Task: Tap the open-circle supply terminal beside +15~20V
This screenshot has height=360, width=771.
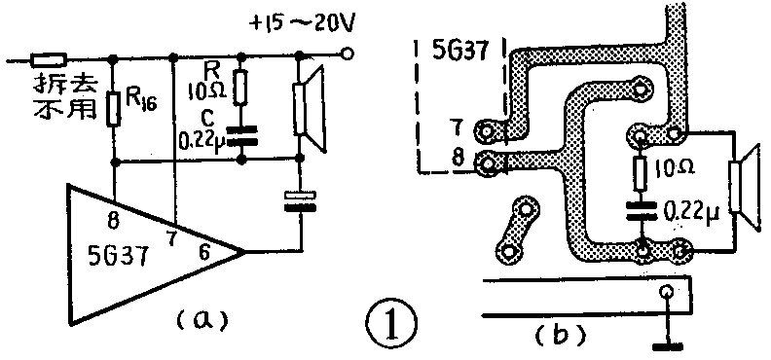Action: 348,54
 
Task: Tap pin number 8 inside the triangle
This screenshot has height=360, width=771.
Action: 114,223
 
